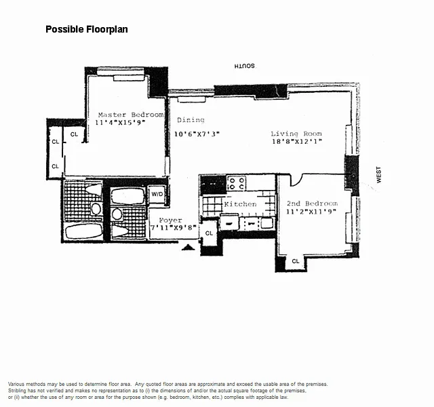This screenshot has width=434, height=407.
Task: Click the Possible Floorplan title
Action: pos(87,29)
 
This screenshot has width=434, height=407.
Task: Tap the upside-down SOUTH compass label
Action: pos(244,66)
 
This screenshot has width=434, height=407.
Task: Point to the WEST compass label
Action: pos(378,174)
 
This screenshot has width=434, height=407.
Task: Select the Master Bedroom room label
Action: pos(131,115)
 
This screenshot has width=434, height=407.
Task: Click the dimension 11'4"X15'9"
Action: pos(120,123)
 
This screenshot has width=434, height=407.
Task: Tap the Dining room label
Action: pos(191,120)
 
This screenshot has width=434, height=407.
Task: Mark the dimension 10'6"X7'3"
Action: pos(197,134)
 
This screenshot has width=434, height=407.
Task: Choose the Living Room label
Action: pos(296,134)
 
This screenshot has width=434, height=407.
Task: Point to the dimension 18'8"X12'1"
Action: pos(297,142)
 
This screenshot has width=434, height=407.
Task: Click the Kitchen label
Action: pos(240,204)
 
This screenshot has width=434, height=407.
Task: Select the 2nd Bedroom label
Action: pos(312,203)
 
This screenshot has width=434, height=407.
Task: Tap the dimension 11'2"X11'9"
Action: pos(311,212)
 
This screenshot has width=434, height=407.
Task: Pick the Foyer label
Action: pos(170,220)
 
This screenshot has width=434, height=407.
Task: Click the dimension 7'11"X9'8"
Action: pos(174,228)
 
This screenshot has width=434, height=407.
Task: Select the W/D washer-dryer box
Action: pos(157,194)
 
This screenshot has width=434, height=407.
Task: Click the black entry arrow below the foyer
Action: pos(189,247)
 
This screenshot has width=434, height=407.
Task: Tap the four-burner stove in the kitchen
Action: pos(237,183)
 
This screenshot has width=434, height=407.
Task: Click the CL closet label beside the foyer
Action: pos(209,233)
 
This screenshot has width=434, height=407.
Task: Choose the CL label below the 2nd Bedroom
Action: pos(296,261)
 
